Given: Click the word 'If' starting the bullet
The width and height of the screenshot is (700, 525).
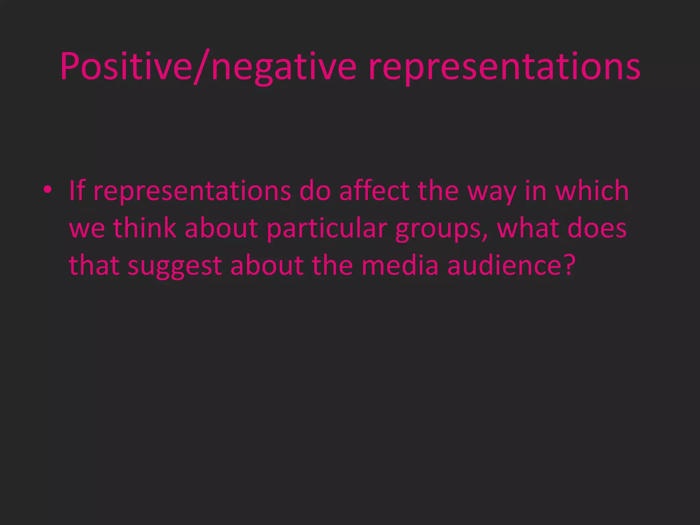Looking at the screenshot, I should coord(77,190).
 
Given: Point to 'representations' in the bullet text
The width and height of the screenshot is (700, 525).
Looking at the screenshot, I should coord(192,191).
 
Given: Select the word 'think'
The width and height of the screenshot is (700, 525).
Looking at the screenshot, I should coord(145,228).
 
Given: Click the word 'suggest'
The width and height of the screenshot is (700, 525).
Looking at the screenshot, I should coord(175,267).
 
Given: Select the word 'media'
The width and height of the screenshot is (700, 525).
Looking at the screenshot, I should coord(400,265).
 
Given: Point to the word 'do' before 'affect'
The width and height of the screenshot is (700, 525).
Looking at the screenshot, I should coord(315,190).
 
